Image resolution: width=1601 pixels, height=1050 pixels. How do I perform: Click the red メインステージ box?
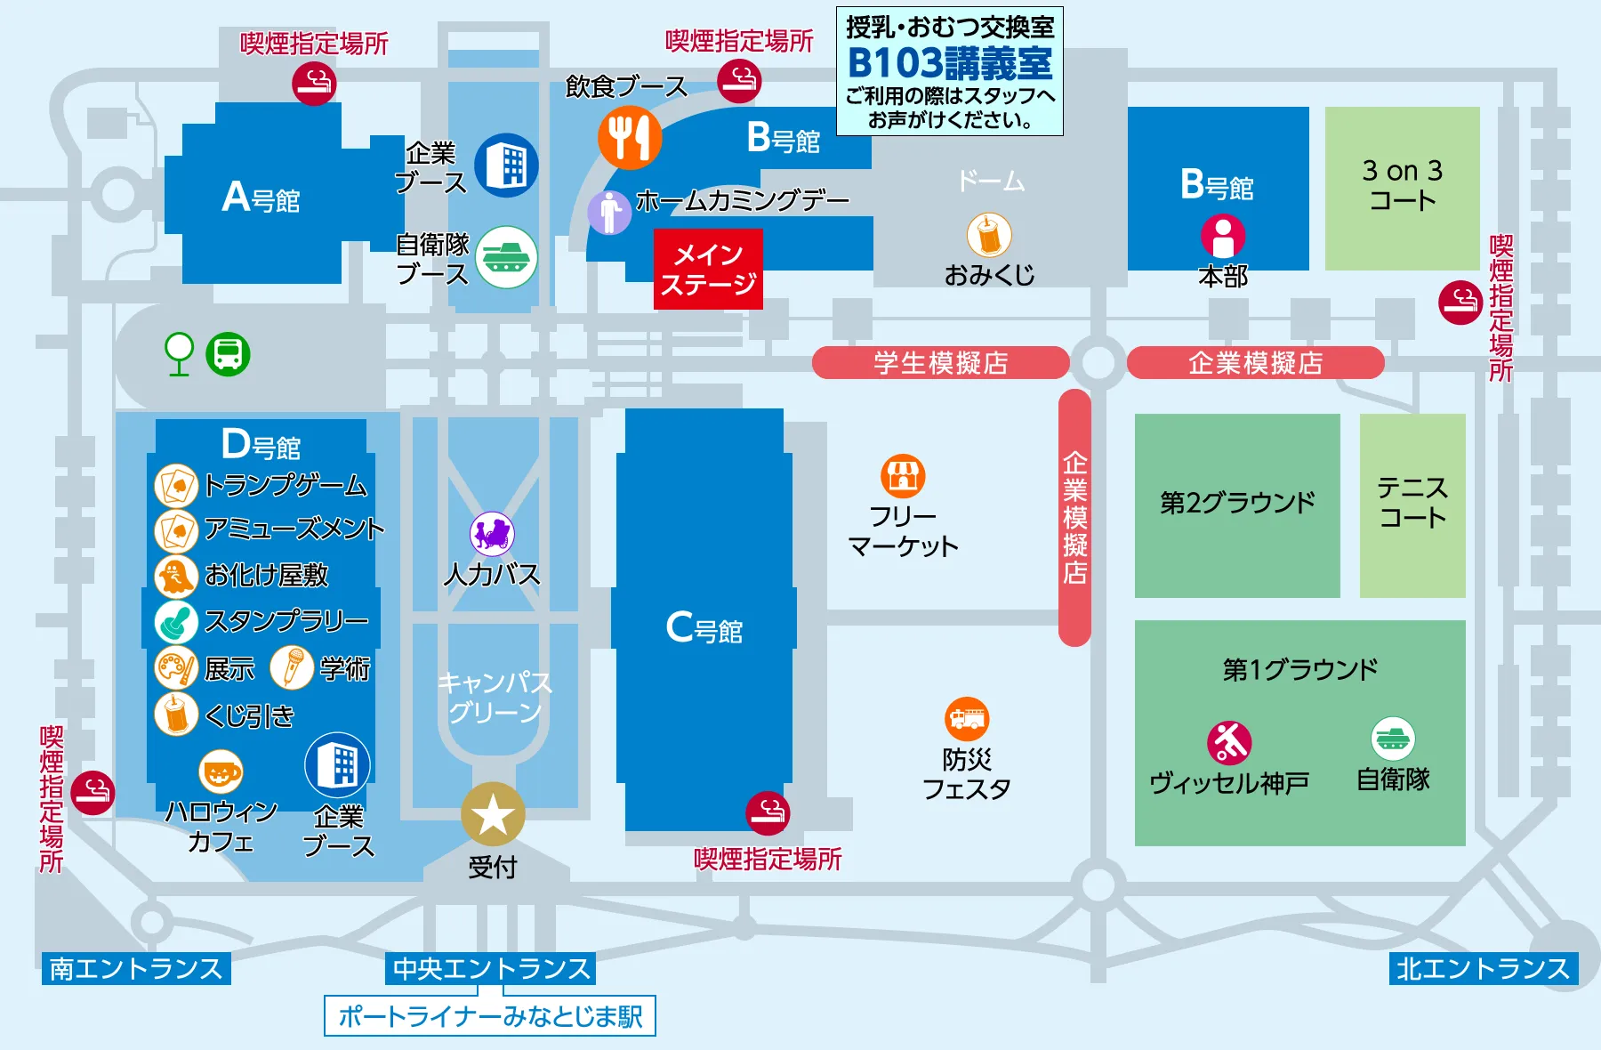pyautogui.click(x=708, y=270)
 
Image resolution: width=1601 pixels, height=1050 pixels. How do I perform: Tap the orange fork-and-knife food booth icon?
pyautogui.click(x=629, y=138)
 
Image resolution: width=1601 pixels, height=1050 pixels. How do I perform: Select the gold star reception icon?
pyautogui.click(x=493, y=814)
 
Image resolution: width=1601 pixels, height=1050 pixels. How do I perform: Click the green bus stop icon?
pyautogui.click(x=228, y=354)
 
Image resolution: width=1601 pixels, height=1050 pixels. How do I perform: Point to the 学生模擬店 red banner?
pyautogui.click(x=940, y=363)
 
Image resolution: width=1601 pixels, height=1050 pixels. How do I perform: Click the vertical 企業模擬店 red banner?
pyautogui.click(x=1074, y=517)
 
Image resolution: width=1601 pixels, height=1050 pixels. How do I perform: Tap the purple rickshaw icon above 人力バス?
pyautogui.click(x=492, y=534)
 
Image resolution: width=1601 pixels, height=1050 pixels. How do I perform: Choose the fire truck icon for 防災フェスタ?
pyautogui.click(x=967, y=719)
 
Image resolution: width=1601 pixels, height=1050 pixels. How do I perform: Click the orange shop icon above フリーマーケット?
pyautogui.click(x=903, y=476)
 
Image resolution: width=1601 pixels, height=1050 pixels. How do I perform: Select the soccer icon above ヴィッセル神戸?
pyautogui.click(x=1229, y=742)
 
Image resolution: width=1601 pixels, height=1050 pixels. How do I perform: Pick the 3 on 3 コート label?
pyautogui.click(x=1403, y=185)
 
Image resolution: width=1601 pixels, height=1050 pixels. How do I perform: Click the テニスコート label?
pyautogui.click(x=1412, y=503)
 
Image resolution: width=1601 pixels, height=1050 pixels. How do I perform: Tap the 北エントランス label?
pyautogui.click(x=1483, y=968)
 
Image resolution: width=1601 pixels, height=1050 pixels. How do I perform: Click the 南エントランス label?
pyautogui.click(x=136, y=968)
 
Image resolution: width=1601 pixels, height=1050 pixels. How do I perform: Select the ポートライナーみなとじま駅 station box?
pyautogui.click(x=490, y=1016)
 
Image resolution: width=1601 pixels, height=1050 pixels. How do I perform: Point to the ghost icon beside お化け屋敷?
pyautogui.click(x=176, y=576)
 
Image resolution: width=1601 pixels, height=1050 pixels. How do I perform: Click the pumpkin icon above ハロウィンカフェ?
pyautogui.click(x=221, y=771)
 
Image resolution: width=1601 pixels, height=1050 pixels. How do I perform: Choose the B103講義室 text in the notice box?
pyautogui.click(x=950, y=63)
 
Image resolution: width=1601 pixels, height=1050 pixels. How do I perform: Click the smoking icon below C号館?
pyautogui.click(x=768, y=812)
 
